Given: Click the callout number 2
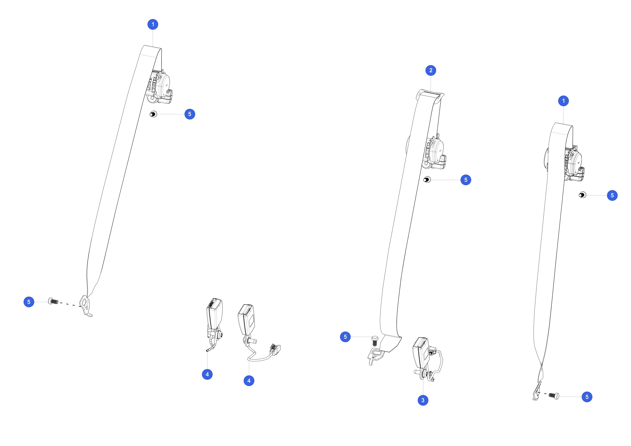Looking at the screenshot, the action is pyautogui.click(x=431, y=70).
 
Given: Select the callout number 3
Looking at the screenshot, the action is pyautogui.click(x=423, y=400).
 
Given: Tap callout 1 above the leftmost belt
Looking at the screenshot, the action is pyautogui.click(x=153, y=24).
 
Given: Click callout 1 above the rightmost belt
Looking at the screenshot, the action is pyautogui.click(x=563, y=101).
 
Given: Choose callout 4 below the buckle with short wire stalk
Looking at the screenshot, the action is pyautogui.click(x=207, y=374).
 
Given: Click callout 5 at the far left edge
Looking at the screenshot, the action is pyautogui.click(x=29, y=302).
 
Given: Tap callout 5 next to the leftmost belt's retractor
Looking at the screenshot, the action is pyautogui.click(x=190, y=114).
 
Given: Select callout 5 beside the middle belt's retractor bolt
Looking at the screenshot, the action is pyautogui.click(x=465, y=180).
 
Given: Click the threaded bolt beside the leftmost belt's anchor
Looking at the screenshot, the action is pyautogui.click(x=53, y=301).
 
